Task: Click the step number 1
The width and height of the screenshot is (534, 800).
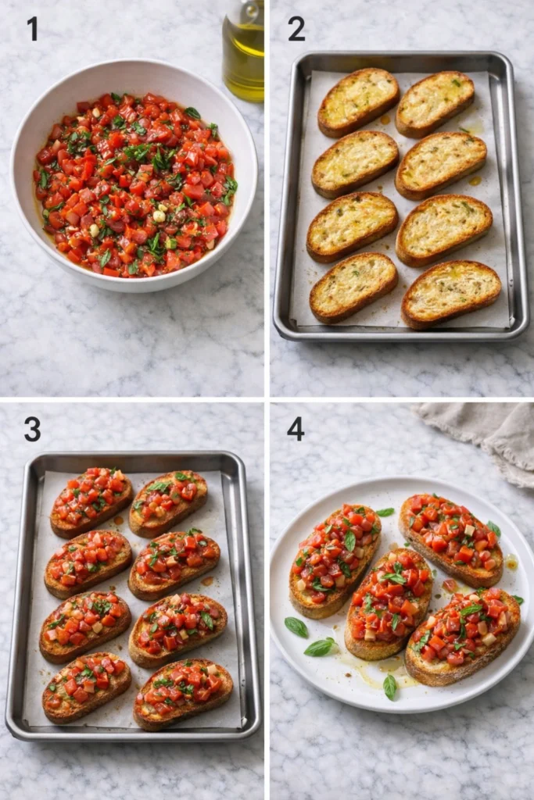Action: [32, 29]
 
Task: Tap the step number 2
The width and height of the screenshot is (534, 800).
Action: [296, 29]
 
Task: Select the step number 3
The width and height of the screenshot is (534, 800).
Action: [32, 428]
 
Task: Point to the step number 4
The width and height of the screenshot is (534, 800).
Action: [296, 428]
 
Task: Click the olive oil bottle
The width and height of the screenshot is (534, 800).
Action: [243, 51]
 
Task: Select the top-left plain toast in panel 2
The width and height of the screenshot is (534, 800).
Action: [358, 102]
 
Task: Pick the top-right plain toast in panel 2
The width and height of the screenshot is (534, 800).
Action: [435, 104]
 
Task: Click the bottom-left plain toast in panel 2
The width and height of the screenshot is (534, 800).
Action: [353, 287]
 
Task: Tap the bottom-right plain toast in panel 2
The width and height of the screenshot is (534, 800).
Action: [451, 293]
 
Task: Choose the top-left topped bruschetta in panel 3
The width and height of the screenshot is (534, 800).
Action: [91, 502]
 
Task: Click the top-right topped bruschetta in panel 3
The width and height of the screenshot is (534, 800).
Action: [168, 503]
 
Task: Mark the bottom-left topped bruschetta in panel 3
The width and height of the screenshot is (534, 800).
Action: [87, 687]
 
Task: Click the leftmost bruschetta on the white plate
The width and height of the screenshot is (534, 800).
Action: [335, 559]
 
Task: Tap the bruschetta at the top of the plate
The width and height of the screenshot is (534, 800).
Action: [450, 539]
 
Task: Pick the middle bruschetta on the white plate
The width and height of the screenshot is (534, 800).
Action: [389, 602]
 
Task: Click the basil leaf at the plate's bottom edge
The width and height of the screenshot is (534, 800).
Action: [389, 687]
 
